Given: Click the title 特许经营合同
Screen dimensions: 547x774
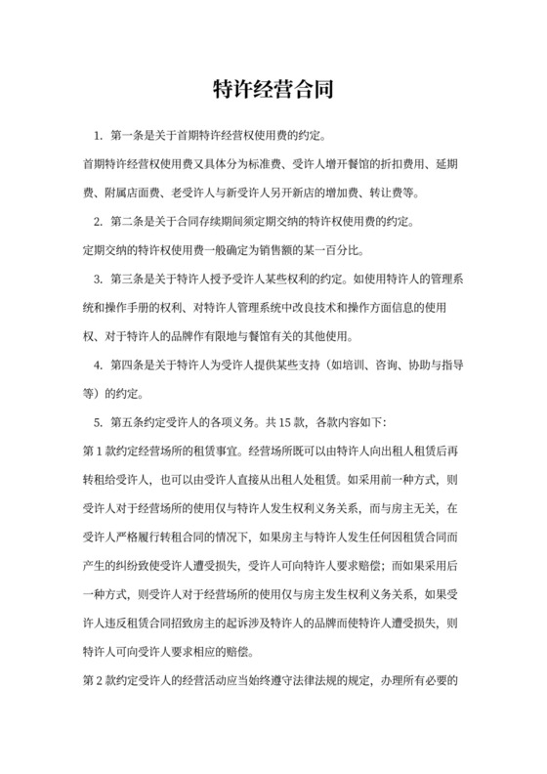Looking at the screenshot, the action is (273, 90).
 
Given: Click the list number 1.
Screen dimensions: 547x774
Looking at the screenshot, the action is (96, 133).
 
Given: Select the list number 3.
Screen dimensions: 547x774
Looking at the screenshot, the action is (96, 277).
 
